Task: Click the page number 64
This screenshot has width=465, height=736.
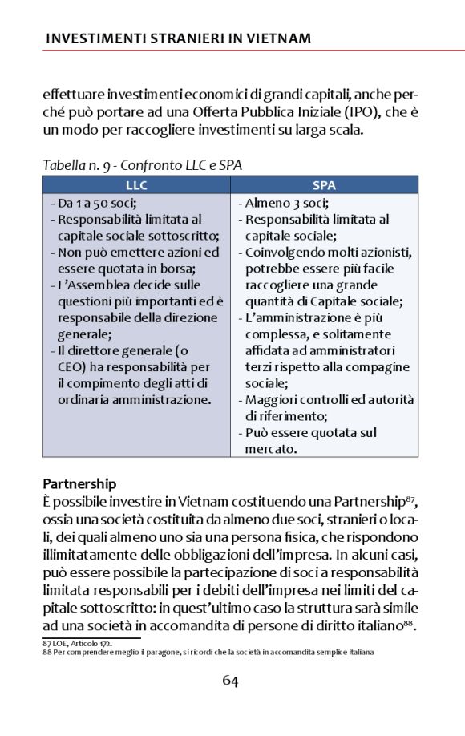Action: (x=231, y=681)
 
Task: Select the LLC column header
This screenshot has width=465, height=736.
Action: (x=136, y=185)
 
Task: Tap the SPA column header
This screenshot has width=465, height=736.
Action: (x=324, y=185)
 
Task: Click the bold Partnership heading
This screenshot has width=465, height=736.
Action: (x=79, y=484)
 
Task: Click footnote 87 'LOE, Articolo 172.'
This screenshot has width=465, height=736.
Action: (x=77, y=642)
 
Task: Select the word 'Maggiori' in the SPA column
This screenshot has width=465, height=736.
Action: (x=271, y=399)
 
